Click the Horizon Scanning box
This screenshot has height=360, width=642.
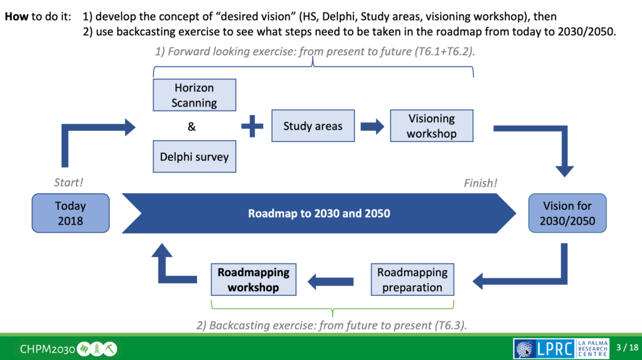[194, 95]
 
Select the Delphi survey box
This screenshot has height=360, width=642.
[194, 156]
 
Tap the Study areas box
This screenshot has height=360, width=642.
[313, 126]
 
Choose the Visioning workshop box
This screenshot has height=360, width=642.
[431, 126]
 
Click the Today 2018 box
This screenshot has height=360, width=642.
[70, 213]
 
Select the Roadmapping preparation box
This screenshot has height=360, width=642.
[412, 280]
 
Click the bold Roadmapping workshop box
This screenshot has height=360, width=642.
[253, 280]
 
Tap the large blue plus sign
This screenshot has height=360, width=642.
[252, 126]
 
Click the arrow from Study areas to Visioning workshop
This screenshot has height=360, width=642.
[372, 127]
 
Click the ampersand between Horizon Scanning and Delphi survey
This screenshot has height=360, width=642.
[191, 127]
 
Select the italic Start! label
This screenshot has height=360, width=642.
[69, 183]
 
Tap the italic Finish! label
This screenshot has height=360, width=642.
[481, 183]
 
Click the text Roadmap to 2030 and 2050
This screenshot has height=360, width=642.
[319, 214]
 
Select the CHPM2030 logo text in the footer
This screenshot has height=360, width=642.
[47, 348]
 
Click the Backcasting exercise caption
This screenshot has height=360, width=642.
[333, 325]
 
